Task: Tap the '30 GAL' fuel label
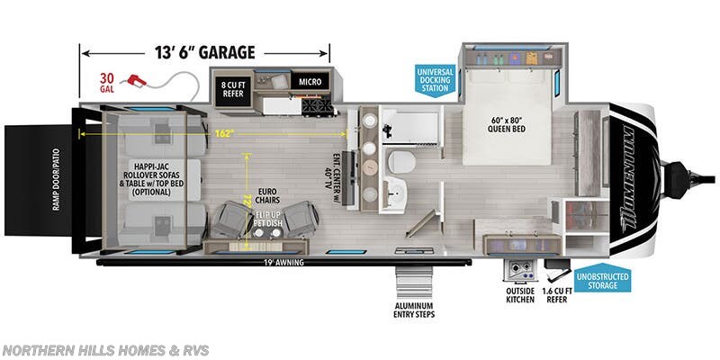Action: point(108,82)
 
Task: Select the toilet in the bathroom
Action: point(401,162)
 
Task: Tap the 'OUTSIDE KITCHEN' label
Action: point(520,295)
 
